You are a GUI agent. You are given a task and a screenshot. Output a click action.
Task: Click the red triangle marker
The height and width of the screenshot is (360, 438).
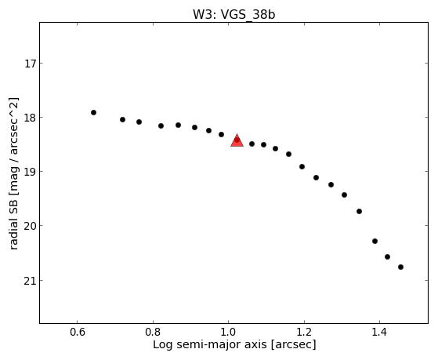click(237, 140)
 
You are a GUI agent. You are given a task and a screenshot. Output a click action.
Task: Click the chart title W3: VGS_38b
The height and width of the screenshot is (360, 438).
click(233, 14)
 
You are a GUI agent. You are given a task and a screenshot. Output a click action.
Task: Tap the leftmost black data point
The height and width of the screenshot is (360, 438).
click(93, 112)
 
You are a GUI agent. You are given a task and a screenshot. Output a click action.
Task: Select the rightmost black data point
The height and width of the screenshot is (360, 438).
click(400, 267)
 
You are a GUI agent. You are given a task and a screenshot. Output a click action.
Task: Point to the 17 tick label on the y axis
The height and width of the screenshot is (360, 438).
click(30, 64)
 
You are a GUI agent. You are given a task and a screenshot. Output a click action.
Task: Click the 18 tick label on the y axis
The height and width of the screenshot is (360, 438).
click(30, 118)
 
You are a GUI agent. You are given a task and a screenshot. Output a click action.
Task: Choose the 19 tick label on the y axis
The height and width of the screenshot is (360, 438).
click(30, 172)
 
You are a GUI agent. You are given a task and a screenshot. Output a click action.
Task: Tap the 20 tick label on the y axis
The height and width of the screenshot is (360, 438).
click(30, 226)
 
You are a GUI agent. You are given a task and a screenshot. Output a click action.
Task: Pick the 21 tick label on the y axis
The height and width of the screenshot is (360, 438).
click(30, 281)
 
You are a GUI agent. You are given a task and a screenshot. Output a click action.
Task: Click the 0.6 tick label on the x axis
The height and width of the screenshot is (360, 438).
click(78, 332)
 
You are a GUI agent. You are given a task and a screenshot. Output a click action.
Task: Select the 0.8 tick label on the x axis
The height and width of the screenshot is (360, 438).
click(153, 332)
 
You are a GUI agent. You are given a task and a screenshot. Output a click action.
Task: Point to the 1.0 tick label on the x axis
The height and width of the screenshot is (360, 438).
click(229, 332)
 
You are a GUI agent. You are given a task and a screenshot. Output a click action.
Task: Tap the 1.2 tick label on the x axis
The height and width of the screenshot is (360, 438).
click(304, 332)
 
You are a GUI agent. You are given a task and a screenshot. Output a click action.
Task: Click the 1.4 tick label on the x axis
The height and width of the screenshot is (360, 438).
click(379, 332)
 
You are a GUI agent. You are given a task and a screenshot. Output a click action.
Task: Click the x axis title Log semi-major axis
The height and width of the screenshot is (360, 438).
click(210, 344)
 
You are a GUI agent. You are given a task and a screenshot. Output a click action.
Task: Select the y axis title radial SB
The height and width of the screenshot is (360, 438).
click(13, 220)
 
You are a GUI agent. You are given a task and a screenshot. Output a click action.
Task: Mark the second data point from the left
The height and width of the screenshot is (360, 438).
click(122, 119)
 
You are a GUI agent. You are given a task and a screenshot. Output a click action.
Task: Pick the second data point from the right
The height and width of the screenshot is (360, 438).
click(387, 256)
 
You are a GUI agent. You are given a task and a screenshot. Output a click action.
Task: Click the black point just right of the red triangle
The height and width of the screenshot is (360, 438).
click(252, 144)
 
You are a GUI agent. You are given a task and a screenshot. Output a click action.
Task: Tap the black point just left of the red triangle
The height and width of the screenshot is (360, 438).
click(221, 135)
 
